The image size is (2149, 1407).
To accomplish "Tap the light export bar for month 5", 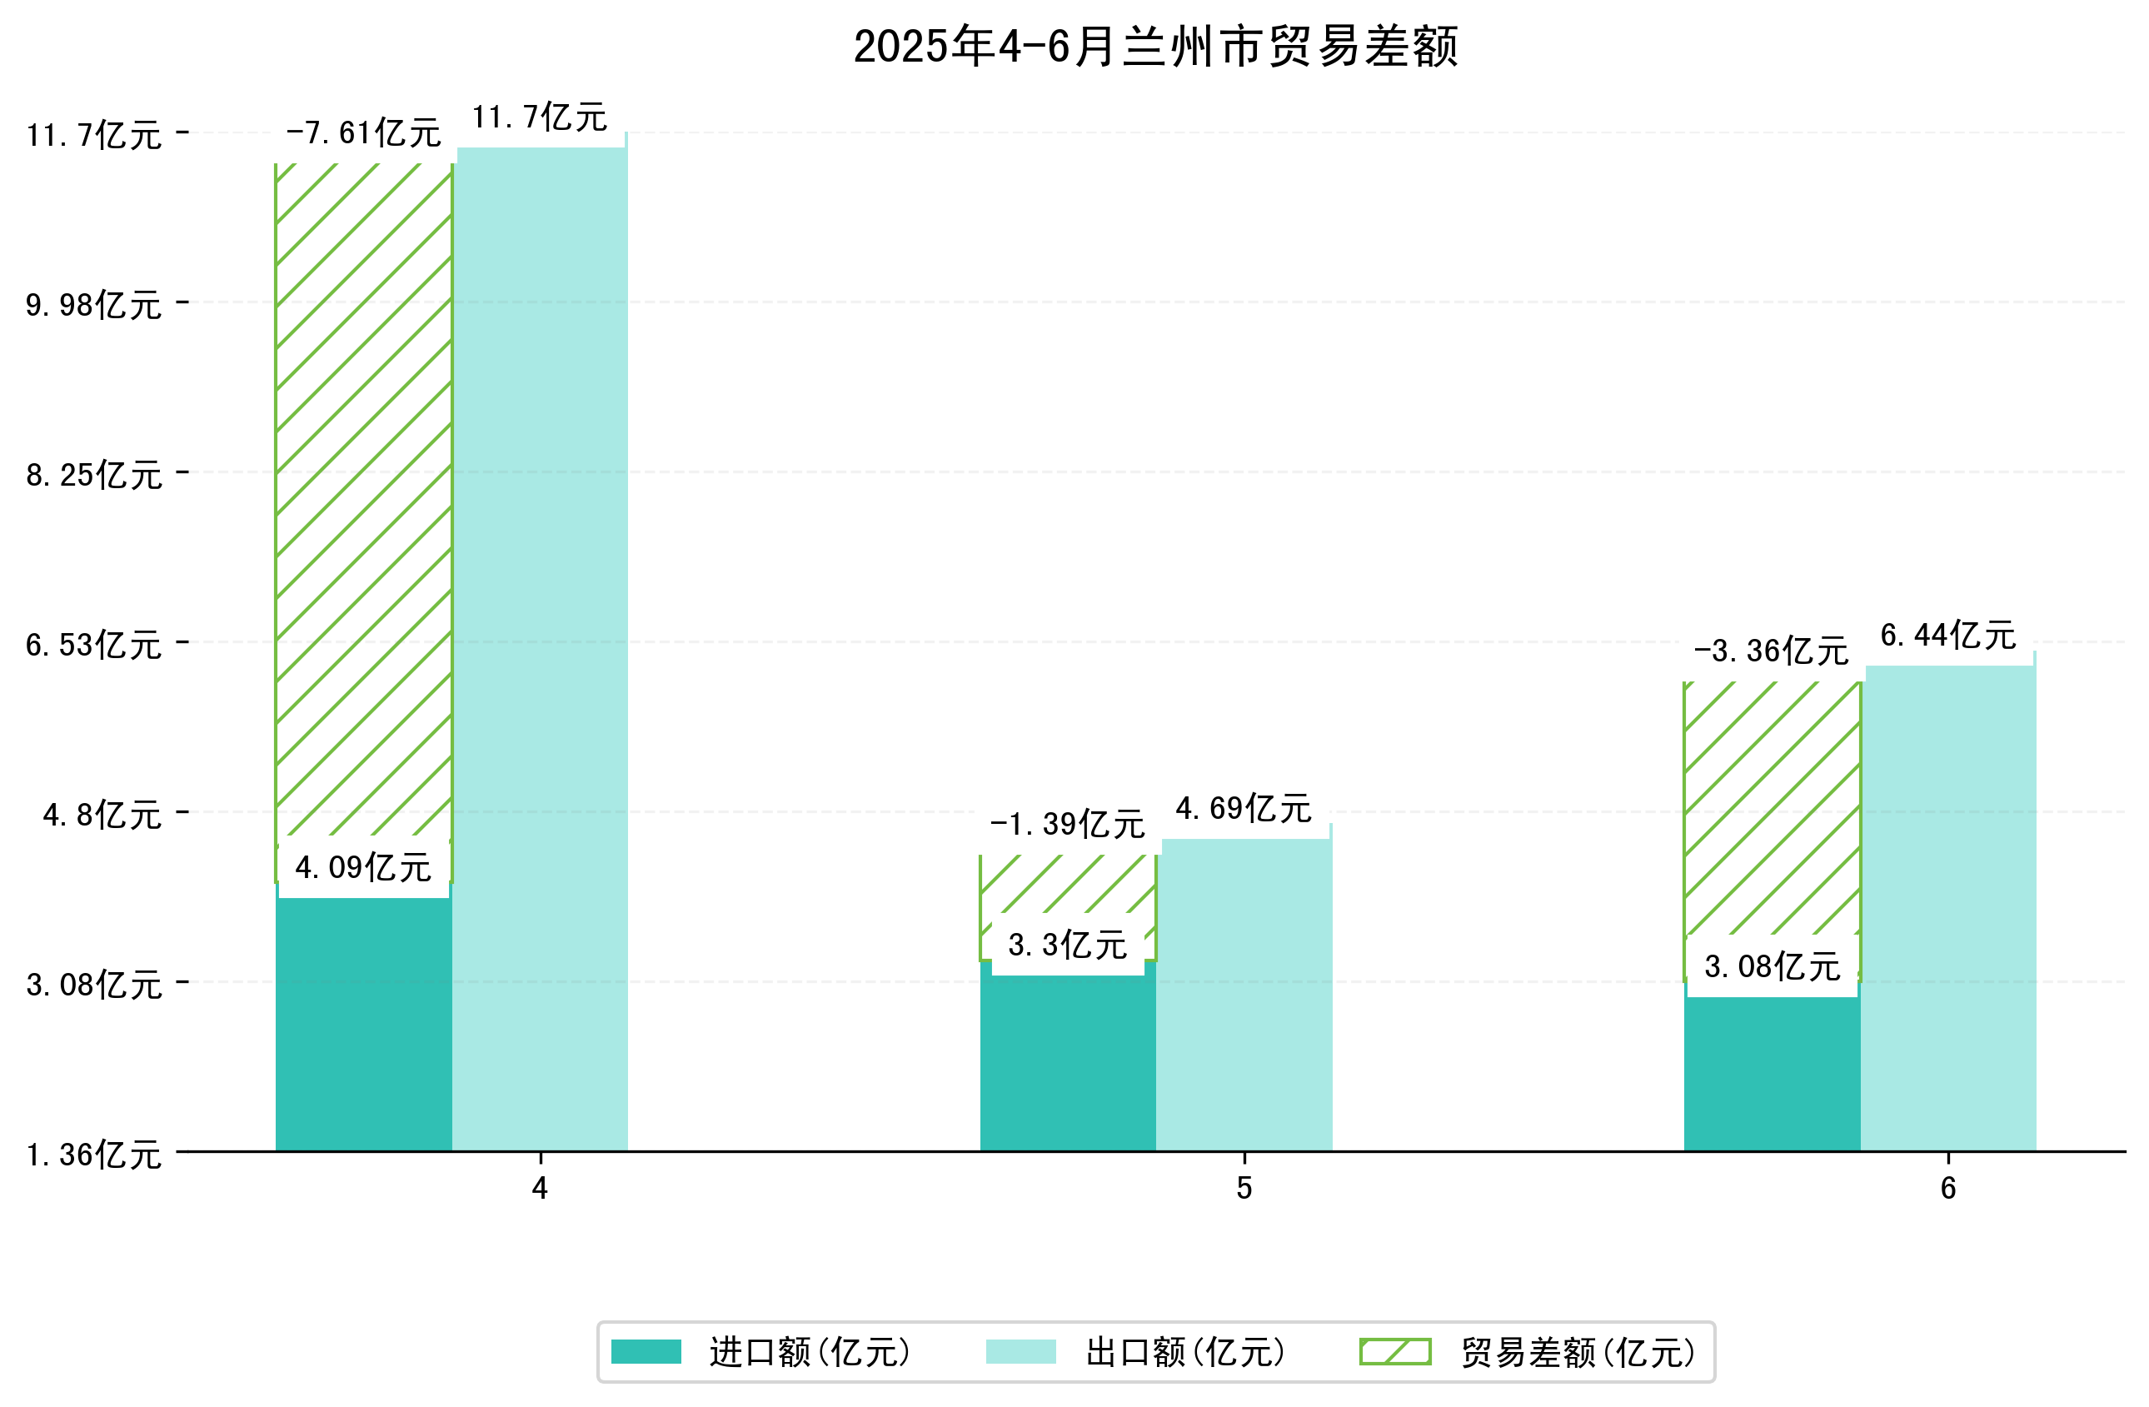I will click(x=1244, y=993).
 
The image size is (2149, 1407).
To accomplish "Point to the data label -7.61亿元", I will click(x=363, y=133).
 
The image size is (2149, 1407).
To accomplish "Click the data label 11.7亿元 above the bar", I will click(x=539, y=117).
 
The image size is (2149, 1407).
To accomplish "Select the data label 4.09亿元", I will click(x=363, y=868).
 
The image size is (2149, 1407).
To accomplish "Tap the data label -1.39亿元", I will click(x=1067, y=825).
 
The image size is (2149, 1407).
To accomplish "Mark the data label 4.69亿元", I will click(x=1244, y=809).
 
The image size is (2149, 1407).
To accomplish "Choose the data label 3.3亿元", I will click(x=1067, y=945).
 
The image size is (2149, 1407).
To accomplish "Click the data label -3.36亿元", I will click(x=1771, y=651).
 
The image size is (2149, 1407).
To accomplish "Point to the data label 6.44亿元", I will click(x=1947, y=636).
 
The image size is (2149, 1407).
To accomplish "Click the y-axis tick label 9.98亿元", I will click(x=94, y=305).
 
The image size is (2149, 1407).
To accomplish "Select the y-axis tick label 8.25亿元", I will click(x=94, y=475).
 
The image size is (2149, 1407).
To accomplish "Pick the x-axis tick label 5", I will click(x=1244, y=1189).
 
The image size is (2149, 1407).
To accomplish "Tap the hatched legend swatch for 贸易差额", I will click(x=1395, y=1352).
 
